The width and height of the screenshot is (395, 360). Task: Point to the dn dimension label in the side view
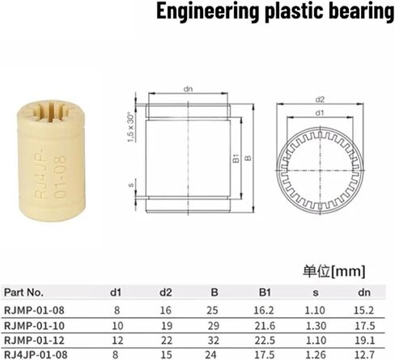coord(188,89)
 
